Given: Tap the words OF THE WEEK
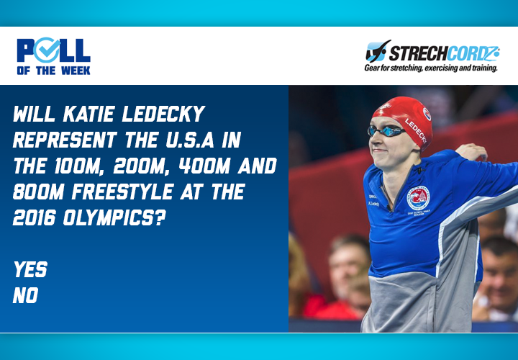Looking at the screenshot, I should coord(53,70).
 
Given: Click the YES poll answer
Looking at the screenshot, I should coord(30,270).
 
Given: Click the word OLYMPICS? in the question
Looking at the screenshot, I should coord(119,219).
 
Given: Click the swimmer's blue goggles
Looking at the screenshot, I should coord(386,131).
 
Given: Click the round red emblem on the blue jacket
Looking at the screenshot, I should coord(418,198).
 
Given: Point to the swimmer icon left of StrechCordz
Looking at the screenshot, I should coord(378,52).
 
